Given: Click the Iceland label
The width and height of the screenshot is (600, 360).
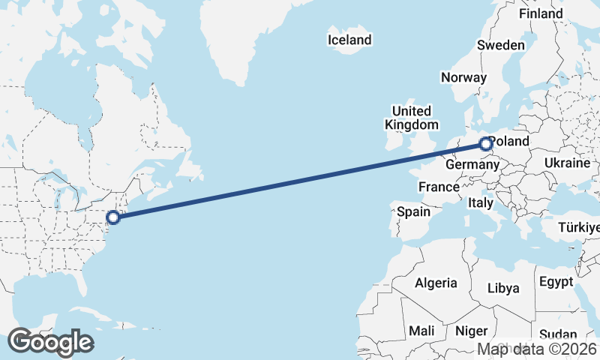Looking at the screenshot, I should pos(349,40).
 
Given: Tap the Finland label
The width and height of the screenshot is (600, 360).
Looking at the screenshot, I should pos(540,13).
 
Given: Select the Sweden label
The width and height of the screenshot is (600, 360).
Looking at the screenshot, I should pos(501,45).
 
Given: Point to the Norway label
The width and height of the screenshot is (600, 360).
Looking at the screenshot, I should pos(463,77).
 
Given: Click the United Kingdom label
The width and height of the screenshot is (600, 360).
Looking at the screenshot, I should pos(411,118).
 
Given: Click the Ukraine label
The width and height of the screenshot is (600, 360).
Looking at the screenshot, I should pos(568,163).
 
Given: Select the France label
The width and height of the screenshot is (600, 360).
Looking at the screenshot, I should pos(439,187).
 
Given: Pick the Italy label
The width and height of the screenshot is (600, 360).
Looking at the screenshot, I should pos(480,202).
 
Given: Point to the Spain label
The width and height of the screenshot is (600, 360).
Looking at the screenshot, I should pos(413,211).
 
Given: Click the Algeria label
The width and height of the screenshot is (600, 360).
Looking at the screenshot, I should pos(436,283).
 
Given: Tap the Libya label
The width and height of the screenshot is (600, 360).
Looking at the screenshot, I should pos(502,288).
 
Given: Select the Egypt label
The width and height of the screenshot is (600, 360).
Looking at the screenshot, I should pos(555,282).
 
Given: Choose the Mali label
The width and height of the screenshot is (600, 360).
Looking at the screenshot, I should pos(421,331).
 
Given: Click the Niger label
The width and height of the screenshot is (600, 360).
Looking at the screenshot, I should pos(472,331).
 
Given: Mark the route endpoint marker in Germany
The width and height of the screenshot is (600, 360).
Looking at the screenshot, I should pos(486,143).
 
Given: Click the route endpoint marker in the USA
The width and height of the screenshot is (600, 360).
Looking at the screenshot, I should pos(113,217).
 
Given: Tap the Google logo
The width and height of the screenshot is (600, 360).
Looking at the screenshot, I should pos(50,342).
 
